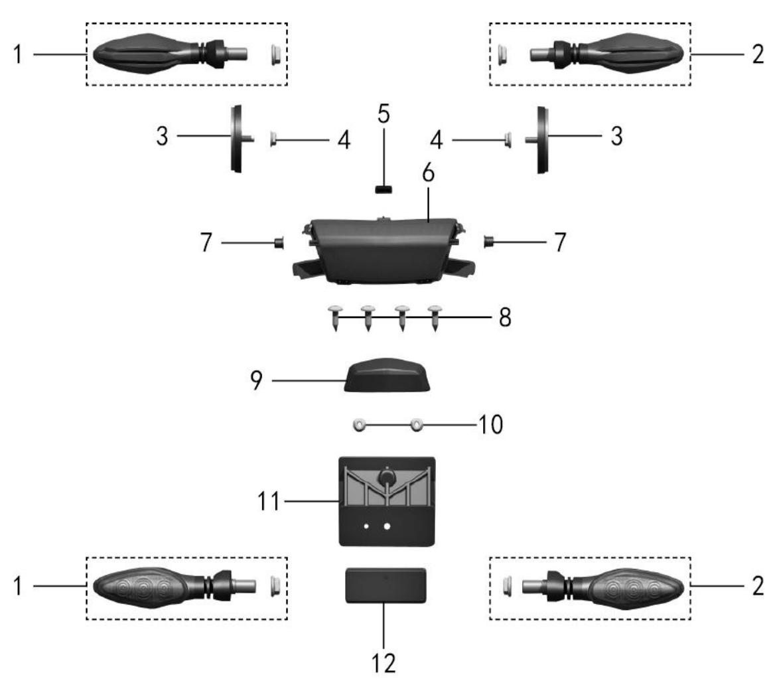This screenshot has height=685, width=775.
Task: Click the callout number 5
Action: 384,114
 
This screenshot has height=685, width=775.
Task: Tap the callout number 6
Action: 429,173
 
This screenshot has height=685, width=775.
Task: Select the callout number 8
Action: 505,317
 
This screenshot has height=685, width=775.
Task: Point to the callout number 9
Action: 256,380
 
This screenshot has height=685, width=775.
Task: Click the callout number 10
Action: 491,424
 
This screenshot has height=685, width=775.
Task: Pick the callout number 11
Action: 269,501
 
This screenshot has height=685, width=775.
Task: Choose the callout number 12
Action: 384,663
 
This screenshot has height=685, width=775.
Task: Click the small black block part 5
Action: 384,189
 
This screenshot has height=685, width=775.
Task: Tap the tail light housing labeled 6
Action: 384,250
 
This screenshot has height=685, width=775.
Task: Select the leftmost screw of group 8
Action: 336,317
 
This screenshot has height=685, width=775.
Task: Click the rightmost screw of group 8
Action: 435,317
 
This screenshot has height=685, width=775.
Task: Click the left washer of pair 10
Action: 360,424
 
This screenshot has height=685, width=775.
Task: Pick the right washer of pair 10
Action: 417,424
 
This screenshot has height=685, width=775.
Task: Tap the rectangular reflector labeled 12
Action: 386,585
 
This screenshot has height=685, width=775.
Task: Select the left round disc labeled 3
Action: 237,139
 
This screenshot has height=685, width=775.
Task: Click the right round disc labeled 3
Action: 542,139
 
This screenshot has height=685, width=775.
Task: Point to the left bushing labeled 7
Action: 279,243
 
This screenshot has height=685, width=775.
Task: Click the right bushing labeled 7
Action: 489,242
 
